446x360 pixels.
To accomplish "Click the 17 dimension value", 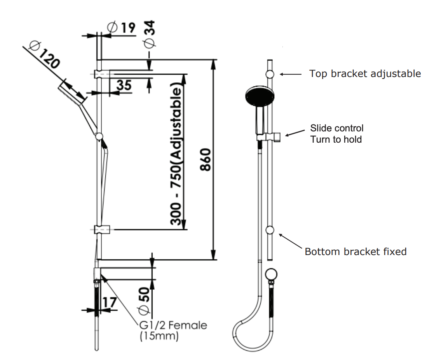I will pyautogui.click(x=110, y=302).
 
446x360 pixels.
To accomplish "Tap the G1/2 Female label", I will pyautogui.click(x=172, y=325).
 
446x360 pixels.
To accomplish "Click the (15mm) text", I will pyautogui.click(x=159, y=336).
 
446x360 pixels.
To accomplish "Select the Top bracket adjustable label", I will pyautogui.click(x=365, y=73).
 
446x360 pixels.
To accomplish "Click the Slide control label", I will pyautogui.click(x=337, y=128).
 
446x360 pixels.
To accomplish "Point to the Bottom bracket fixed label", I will pyautogui.click(x=355, y=252).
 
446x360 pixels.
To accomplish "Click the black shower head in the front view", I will pyautogui.click(x=260, y=95).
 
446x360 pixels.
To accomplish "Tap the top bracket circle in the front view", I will pyautogui.click(x=270, y=74).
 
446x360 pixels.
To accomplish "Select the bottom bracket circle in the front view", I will pyautogui.click(x=270, y=230).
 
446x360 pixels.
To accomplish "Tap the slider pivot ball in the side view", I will pyautogui.click(x=99, y=136).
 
